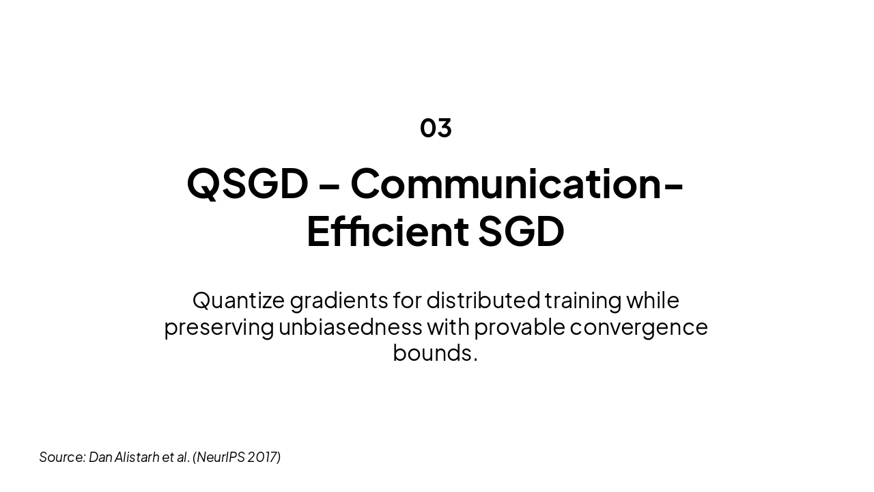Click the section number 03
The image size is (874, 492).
(436, 128)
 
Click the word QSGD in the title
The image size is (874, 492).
(247, 184)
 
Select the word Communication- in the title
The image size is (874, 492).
(517, 184)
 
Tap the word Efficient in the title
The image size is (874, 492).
(387, 231)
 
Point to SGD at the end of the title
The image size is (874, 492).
(521, 231)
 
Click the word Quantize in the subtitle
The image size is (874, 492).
(238, 300)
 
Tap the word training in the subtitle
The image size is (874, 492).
(583, 301)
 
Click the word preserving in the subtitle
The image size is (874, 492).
(218, 327)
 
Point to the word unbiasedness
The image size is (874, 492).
(350, 327)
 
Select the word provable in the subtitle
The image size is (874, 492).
(520, 327)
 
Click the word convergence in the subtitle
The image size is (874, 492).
(638, 327)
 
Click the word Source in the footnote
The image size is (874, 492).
(61, 457)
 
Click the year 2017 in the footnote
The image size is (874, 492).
(262, 457)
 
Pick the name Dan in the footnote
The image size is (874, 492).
(100, 457)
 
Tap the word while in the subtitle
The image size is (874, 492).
(653, 300)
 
